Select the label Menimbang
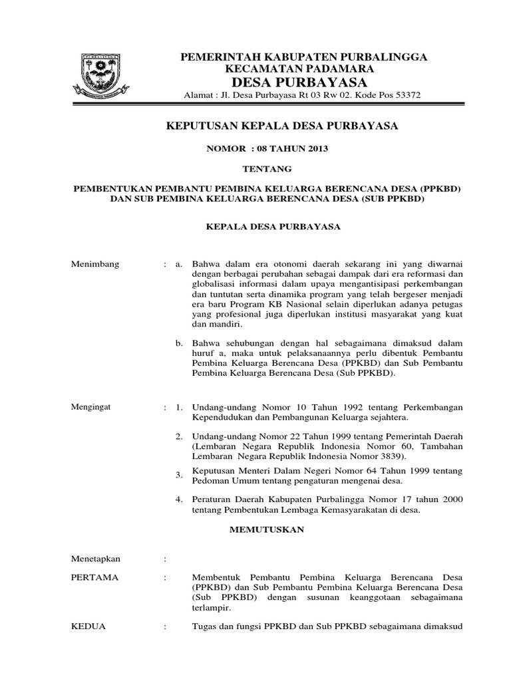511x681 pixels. (x=95, y=264)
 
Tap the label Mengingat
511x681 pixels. (x=93, y=406)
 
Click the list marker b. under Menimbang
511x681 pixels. (x=178, y=343)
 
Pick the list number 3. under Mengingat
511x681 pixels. (x=178, y=475)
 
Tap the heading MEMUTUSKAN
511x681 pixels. (x=266, y=529)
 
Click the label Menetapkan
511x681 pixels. (x=96, y=559)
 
